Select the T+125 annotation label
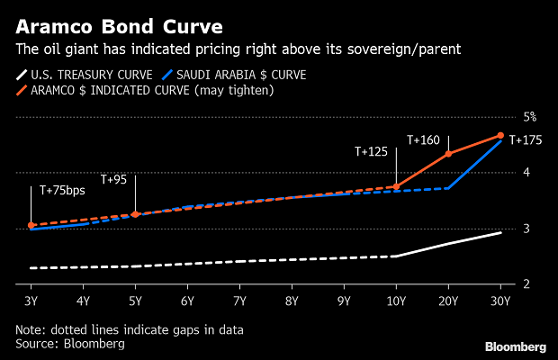click(370, 152)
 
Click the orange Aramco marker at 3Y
click(31, 225)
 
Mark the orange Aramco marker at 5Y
click(135, 214)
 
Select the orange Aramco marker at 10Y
click(396, 186)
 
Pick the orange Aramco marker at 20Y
click(448, 154)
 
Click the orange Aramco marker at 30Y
click(500, 136)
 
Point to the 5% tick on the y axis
click(530, 116)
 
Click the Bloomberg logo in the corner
click(515, 346)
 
